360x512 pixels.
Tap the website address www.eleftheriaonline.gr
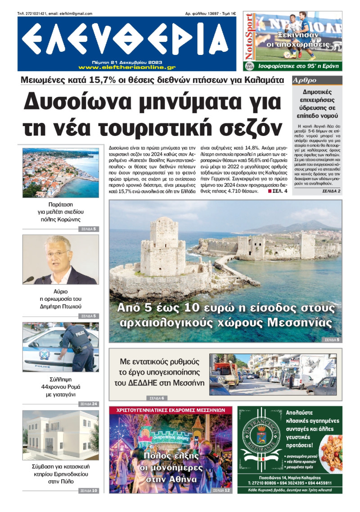click(x=127, y=67)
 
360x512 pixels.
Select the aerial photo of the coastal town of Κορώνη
click(x=61, y=173)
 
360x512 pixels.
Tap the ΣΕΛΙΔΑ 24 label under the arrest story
click(x=88, y=404)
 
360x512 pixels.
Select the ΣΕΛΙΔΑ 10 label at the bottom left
click(x=88, y=490)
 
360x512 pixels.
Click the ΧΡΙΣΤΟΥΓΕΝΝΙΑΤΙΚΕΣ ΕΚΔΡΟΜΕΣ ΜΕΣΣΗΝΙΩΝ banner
click(x=171, y=410)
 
